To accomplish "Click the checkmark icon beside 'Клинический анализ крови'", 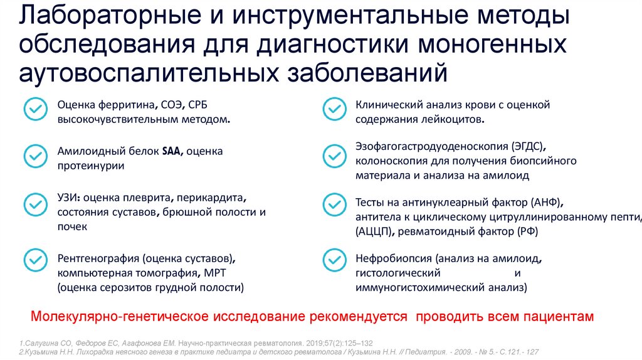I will point(333,109).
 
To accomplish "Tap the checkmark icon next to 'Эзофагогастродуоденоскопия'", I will point(333,156).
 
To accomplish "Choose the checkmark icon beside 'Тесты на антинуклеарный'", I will point(333,205).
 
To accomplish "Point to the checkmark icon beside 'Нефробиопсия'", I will point(333,260).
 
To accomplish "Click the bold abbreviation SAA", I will point(170,151).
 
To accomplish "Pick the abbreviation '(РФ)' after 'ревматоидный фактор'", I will point(525,232).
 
